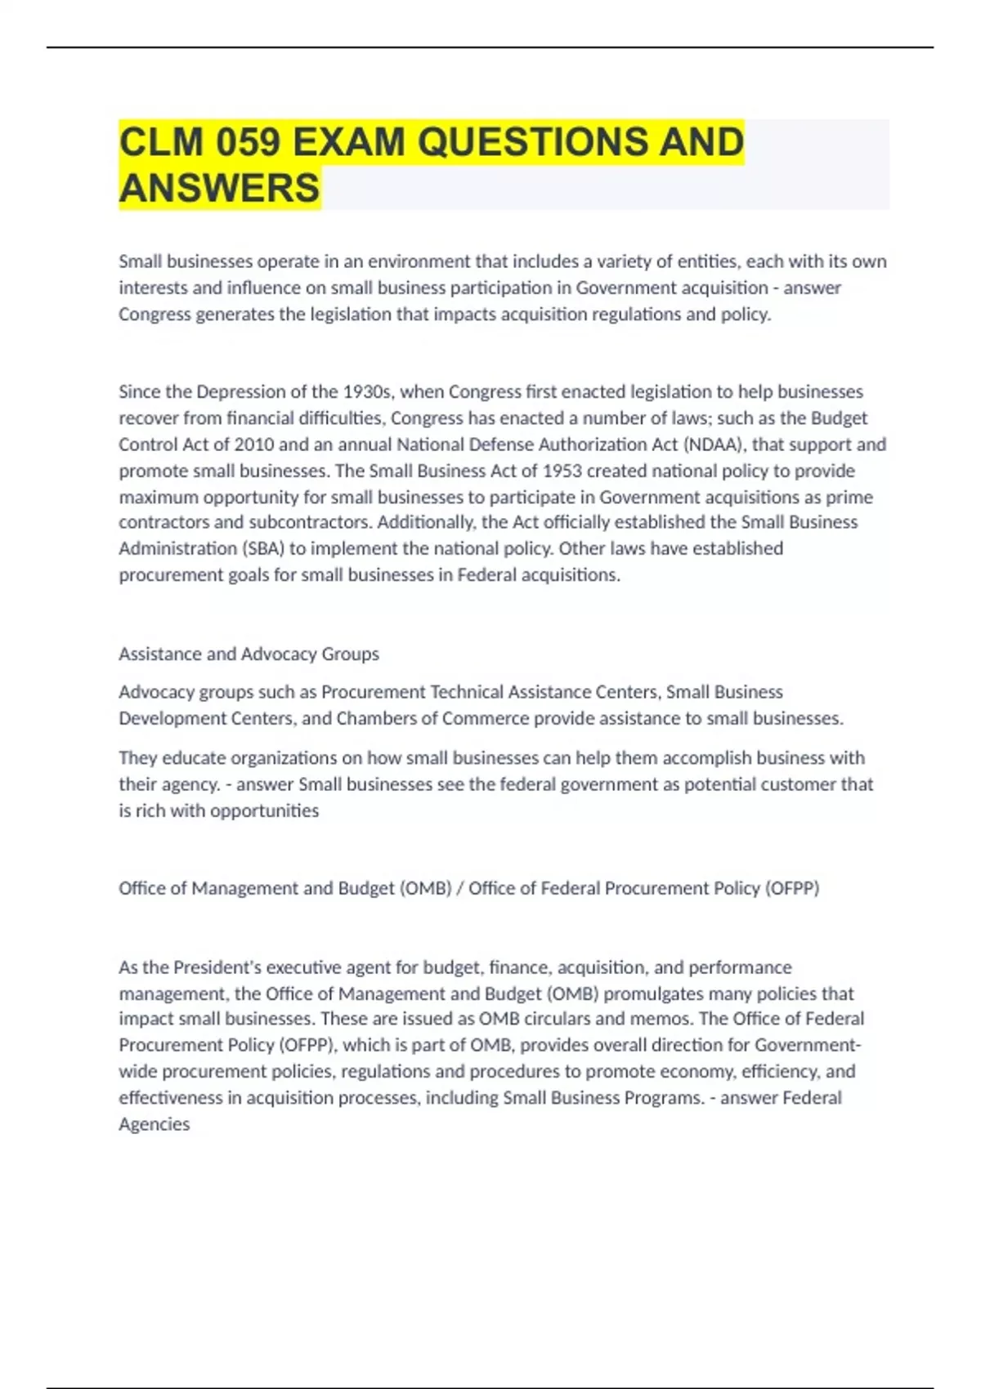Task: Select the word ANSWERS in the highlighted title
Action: click(x=219, y=188)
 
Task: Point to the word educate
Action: click(x=189, y=757)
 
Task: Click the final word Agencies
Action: click(x=155, y=1124)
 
